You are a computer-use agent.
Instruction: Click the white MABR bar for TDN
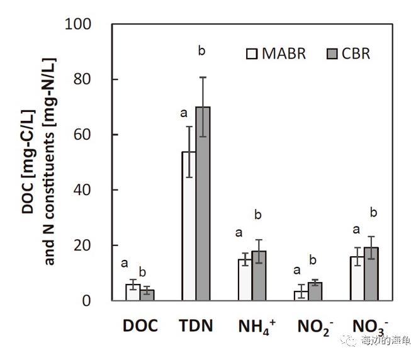(x=188, y=226)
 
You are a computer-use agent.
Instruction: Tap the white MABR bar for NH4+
(x=244, y=279)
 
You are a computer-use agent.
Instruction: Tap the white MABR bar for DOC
(x=132, y=293)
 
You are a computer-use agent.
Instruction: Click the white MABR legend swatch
(x=253, y=53)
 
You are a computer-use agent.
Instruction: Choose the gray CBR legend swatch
(x=333, y=53)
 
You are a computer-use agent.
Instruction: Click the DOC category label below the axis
(x=139, y=326)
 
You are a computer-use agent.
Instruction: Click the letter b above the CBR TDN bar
(x=201, y=50)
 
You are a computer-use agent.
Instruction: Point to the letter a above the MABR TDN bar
(x=184, y=113)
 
